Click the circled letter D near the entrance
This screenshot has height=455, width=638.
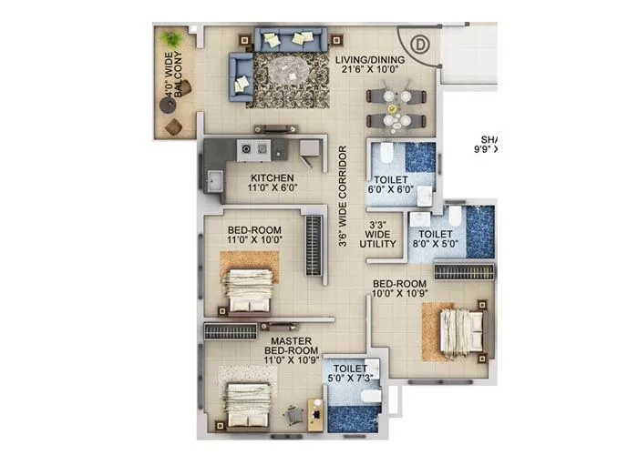click(x=420, y=43)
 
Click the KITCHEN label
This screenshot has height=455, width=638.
click(x=273, y=178)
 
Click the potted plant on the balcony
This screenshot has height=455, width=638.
click(x=171, y=39)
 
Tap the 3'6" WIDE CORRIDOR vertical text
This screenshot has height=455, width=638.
click(x=342, y=197)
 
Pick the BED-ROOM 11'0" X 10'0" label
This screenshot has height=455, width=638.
click(x=254, y=235)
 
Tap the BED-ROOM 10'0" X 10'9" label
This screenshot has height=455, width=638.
click(x=407, y=288)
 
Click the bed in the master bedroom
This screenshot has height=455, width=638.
click(x=248, y=401)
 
